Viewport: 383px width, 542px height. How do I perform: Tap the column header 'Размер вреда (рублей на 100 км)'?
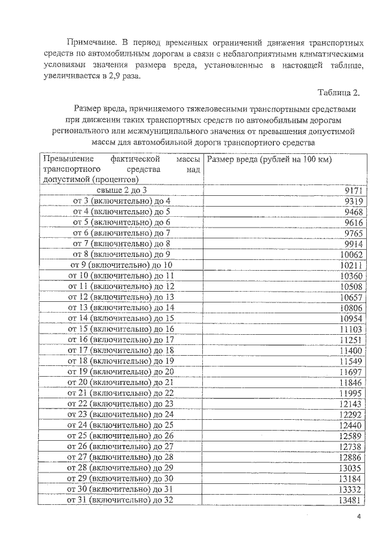[269, 159]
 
